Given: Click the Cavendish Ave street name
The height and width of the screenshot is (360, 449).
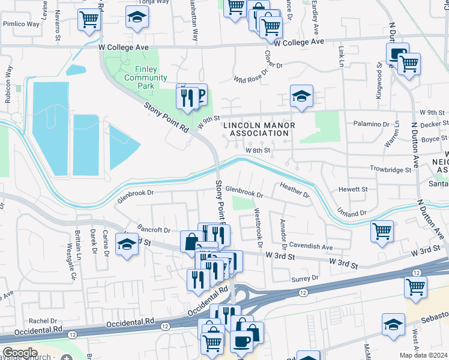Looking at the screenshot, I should click(310, 247).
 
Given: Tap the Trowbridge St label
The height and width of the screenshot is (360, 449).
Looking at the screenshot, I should click(390, 170).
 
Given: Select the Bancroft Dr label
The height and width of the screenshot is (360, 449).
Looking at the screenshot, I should click(154, 230).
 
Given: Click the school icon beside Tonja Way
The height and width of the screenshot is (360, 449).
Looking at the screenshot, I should click(137, 18).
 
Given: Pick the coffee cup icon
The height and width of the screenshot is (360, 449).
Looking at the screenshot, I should click(242, 341).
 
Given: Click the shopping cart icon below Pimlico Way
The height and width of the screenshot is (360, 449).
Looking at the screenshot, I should click(89, 19).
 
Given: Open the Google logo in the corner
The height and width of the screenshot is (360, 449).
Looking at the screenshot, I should click(20, 353).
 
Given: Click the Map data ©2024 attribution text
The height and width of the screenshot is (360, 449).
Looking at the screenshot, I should click(424, 355).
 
